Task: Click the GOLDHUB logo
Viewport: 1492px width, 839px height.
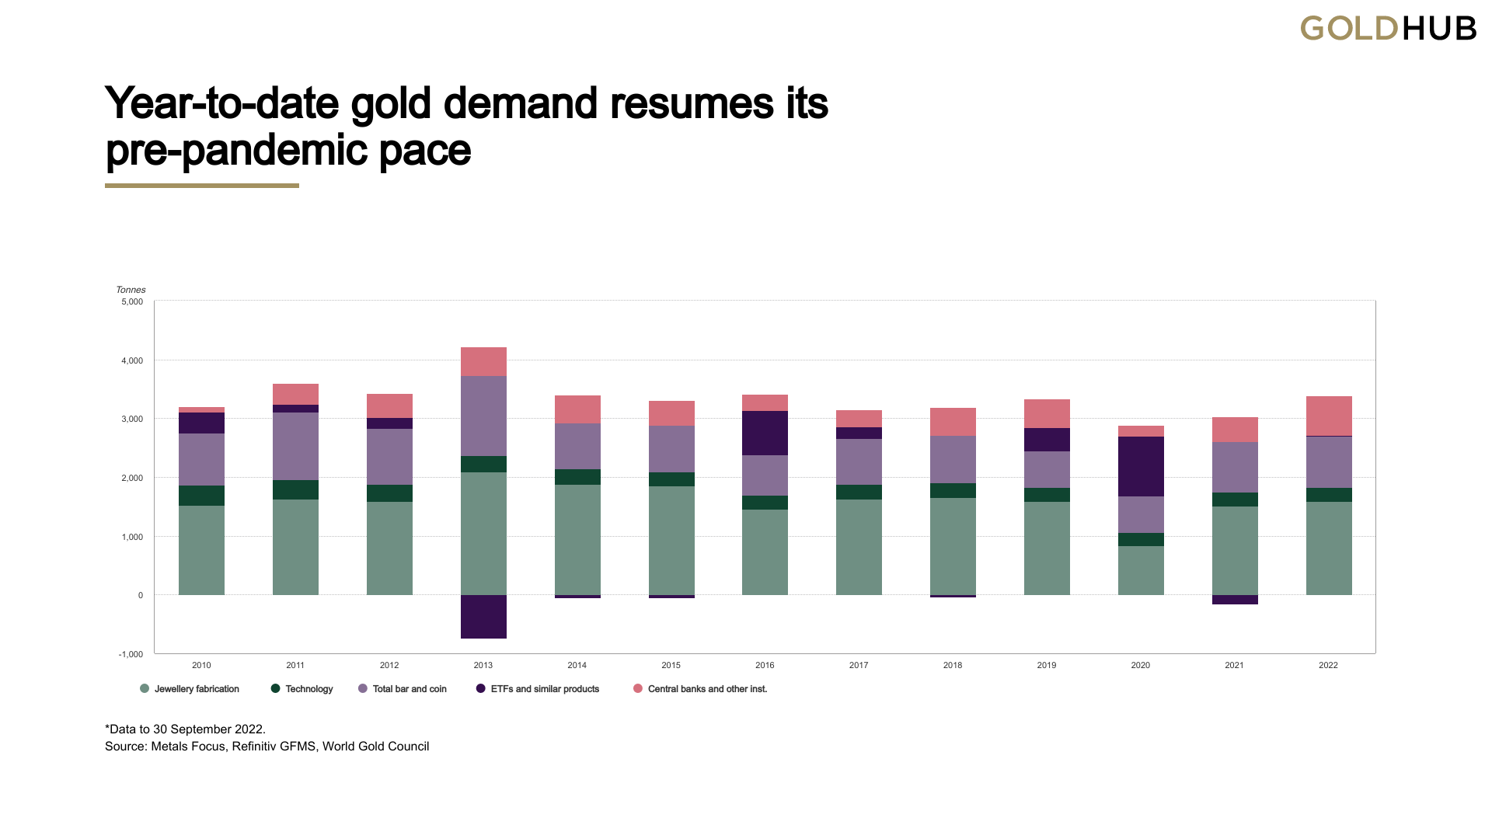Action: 1388,29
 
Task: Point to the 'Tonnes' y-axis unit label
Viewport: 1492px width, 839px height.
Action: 131,290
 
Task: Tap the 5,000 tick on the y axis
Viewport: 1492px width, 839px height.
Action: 132,301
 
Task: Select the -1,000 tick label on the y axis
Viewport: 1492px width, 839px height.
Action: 131,654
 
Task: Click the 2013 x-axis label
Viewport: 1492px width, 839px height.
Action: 483,665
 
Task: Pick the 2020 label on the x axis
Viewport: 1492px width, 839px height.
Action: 1140,665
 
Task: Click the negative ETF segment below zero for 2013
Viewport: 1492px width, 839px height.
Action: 483,617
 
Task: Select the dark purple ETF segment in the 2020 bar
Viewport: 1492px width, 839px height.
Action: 1141,466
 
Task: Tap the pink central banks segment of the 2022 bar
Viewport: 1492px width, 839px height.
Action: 1329,416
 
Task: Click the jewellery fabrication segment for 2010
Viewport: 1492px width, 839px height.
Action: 201,550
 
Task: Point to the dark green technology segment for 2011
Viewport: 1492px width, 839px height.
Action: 295,489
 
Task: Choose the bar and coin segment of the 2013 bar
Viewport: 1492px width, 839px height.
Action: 483,416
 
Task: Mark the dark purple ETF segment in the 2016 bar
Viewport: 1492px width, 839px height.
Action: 765,433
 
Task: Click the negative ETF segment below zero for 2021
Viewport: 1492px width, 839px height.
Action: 1235,600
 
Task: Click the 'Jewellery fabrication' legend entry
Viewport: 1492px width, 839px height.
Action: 190,689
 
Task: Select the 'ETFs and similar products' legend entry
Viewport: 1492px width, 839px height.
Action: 538,689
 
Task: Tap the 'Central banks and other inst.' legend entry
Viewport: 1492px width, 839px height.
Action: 700,689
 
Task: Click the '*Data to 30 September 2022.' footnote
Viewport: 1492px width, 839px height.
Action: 185,729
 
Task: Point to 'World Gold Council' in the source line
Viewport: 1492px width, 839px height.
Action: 375,747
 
